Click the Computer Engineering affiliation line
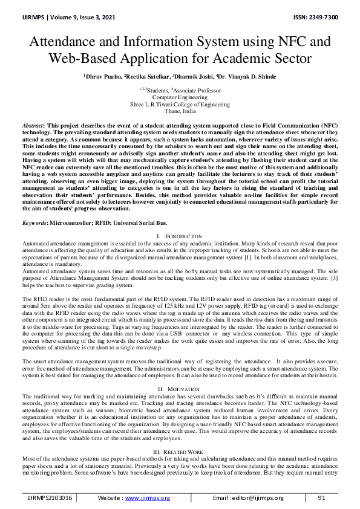point(180,97)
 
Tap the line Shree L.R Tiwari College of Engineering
point(180,104)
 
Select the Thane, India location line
point(180,111)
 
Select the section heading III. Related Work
point(180,451)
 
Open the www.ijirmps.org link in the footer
point(149,498)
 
